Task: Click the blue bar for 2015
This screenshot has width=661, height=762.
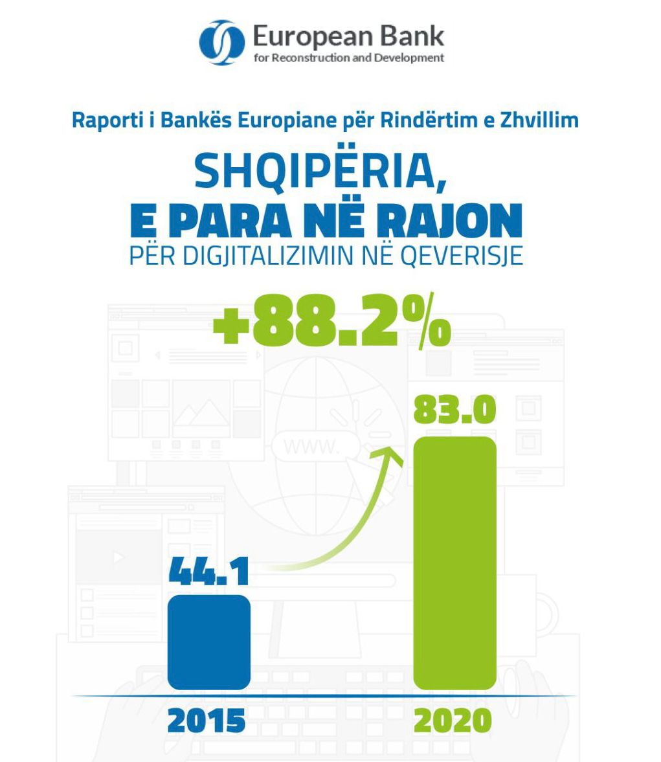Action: (208, 642)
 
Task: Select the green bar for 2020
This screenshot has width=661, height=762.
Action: (454, 563)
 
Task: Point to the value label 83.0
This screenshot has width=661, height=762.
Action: (454, 409)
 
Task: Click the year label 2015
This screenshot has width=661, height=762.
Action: (207, 721)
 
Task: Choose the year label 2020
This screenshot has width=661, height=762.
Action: (453, 721)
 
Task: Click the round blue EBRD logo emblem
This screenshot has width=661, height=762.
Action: (221, 43)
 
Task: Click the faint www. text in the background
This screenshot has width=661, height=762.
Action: (310, 446)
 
